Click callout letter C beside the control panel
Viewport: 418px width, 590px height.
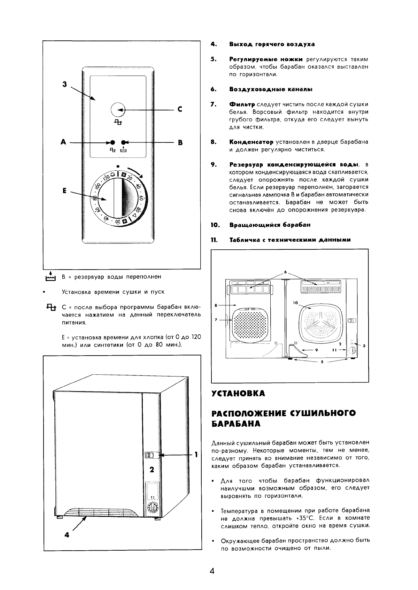click(180, 109)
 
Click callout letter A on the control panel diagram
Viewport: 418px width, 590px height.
click(63, 142)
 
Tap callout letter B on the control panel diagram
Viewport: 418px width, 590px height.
click(180, 142)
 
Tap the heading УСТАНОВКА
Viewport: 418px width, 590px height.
click(238, 394)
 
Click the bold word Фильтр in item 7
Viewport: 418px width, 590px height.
click(242, 104)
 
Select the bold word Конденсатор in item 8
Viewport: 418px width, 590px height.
click(251, 142)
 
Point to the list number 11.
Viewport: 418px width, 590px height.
click(214, 240)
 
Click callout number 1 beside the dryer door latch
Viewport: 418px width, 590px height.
click(196, 454)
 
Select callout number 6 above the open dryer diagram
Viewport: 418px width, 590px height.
click(285, 271)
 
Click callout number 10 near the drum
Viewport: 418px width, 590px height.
click(295, 303)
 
